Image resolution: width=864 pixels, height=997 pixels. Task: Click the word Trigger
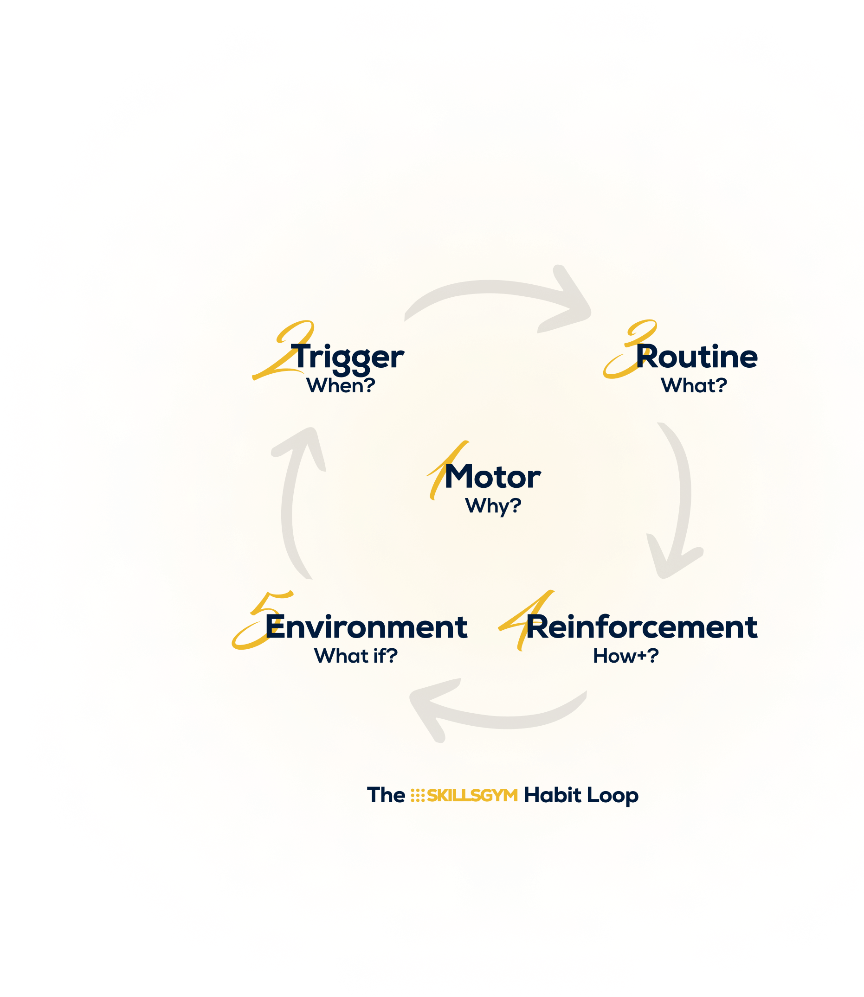coord(347,358)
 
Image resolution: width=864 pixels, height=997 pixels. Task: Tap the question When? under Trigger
coord(341,385)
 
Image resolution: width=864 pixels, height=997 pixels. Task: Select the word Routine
coord(696,358)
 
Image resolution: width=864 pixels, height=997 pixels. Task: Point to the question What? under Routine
coord(693,385)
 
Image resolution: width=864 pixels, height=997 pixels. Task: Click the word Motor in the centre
coord(492,477)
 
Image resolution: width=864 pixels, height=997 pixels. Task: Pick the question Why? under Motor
coord(493,506)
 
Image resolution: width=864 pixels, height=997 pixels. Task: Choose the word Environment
coord(366,627)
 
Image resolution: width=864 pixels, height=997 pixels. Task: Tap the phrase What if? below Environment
coord(355,656)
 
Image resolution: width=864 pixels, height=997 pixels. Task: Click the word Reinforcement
coord(642,627)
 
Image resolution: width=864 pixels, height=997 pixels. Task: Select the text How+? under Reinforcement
coord(625,656)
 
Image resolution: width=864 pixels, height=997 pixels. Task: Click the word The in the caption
coord(386,796)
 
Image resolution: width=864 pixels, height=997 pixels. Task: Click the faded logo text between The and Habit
coord(464,796)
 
